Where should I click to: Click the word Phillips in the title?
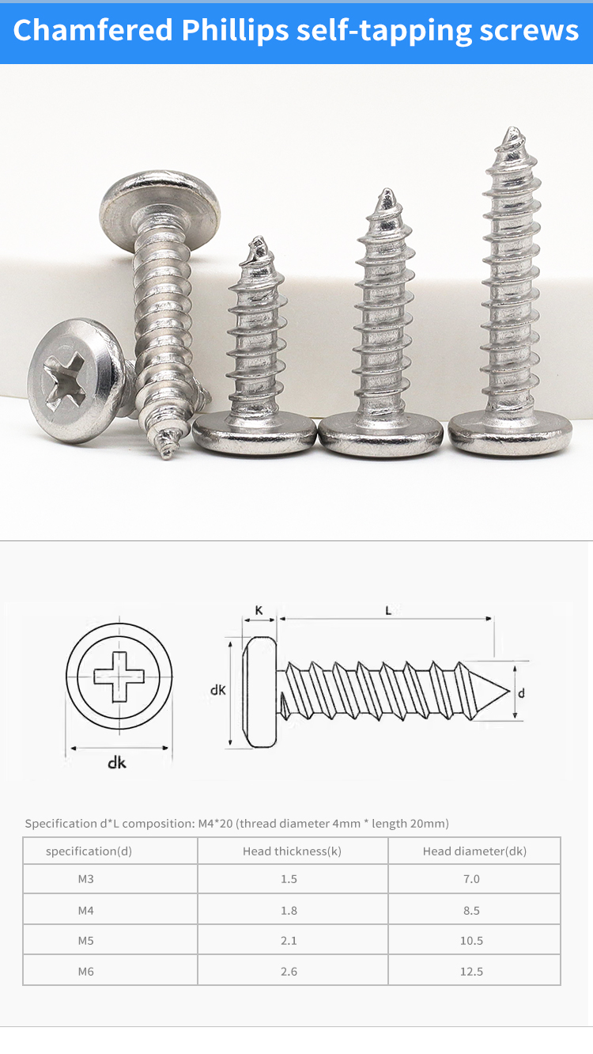coord(235,31)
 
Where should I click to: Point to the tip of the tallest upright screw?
coord(512,128)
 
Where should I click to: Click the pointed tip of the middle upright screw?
coord(387,191)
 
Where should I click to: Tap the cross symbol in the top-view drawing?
coord(119,677)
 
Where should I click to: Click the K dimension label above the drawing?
coord(259,610)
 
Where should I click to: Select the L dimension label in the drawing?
coord(388,610)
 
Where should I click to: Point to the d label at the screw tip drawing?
coord(521,692)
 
